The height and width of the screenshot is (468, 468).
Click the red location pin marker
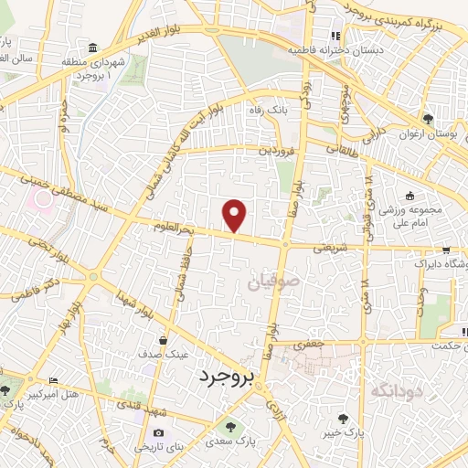[236, 215]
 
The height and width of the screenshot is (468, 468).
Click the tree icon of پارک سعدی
[229, 427]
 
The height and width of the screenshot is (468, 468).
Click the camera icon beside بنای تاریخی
[159, 433]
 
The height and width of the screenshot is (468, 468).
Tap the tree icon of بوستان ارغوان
[428, 119]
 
